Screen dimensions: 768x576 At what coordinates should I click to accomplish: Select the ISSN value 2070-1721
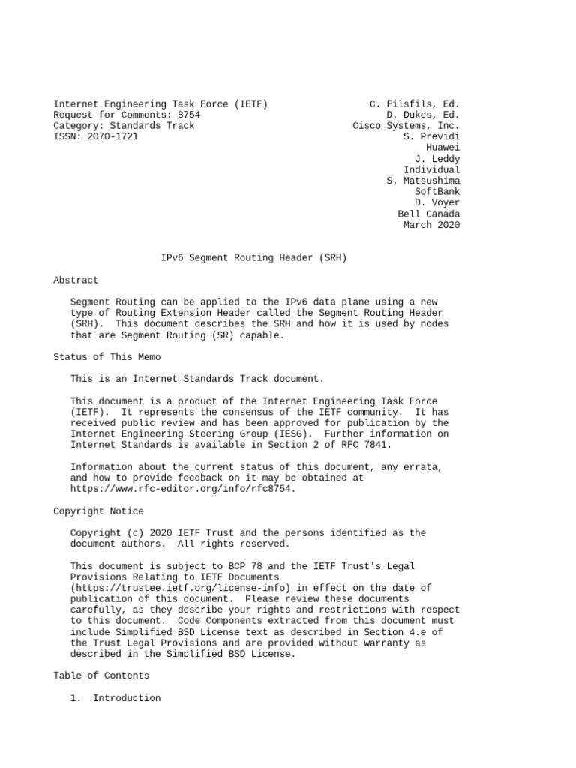coord(112,136)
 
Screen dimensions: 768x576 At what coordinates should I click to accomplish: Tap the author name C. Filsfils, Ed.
coord(415,103)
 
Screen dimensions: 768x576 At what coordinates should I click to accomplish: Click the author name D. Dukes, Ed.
coord(423,115)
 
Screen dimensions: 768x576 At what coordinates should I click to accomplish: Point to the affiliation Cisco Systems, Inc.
coord(406,126)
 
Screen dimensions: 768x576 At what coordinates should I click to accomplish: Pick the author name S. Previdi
coord(432,136)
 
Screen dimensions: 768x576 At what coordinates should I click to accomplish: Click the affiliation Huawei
coord(443,148)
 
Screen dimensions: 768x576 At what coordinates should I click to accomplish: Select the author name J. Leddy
coord(438,159)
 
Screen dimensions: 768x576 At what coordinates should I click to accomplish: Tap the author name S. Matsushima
coord(423,181)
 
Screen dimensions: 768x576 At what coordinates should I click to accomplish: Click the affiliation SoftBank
coord(437,192)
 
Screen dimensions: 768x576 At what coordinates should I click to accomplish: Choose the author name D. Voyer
coord(438,202)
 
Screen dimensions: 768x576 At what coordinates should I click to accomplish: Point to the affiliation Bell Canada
coord(429,214)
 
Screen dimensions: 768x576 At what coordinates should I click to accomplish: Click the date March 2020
coord(432,225)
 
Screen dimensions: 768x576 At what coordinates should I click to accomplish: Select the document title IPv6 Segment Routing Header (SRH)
coord(254,258)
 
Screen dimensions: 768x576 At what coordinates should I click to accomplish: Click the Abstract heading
coord(76,280)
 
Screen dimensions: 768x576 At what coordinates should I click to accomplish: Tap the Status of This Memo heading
coord(106,357)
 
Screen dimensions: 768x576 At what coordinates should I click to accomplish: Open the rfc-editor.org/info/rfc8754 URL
coord(183,489)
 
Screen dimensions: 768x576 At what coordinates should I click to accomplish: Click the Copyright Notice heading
coord(98,511)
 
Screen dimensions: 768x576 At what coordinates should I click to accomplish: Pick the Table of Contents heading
coord(101,676)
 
